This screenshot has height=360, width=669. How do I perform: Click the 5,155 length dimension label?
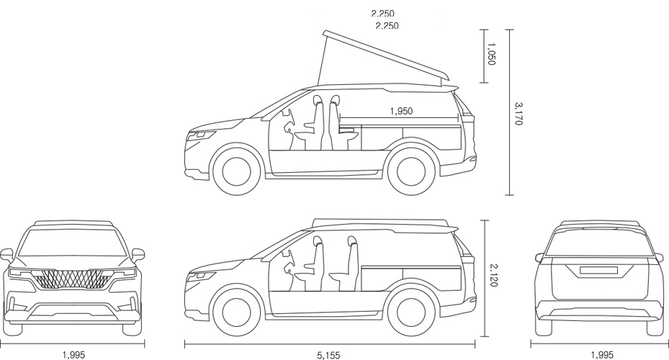click(328, 355)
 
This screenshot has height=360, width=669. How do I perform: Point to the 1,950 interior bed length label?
click(401, 111)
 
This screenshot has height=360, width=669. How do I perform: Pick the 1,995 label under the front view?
click(73, 355)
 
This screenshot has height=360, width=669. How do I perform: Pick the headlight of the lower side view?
click(202, 274)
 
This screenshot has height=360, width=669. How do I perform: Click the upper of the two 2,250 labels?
click(382, 13)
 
